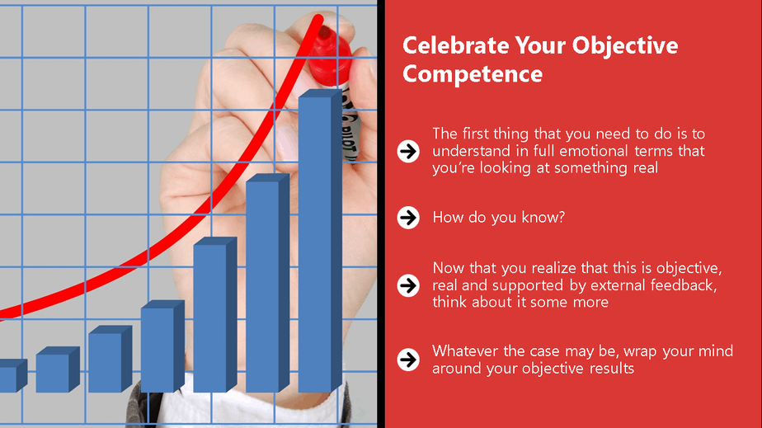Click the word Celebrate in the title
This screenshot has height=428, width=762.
point(455,45)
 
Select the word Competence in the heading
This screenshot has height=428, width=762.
point(473,74)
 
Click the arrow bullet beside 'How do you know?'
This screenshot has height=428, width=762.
point(408,217)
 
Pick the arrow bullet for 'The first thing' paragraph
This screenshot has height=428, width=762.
point(408,151)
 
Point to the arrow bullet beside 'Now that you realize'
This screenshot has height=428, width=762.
point(408,285)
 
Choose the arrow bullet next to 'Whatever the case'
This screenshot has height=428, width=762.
point(408,360)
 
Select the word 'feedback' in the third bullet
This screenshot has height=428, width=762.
point(684,285)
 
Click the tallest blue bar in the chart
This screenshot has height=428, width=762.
point(320,241)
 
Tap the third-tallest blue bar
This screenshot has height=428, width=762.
point(214,315)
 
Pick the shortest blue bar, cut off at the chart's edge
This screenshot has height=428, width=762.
point(12,375)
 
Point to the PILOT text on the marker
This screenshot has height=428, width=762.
point(350,139)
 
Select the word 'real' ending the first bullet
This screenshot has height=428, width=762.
point(646,168)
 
